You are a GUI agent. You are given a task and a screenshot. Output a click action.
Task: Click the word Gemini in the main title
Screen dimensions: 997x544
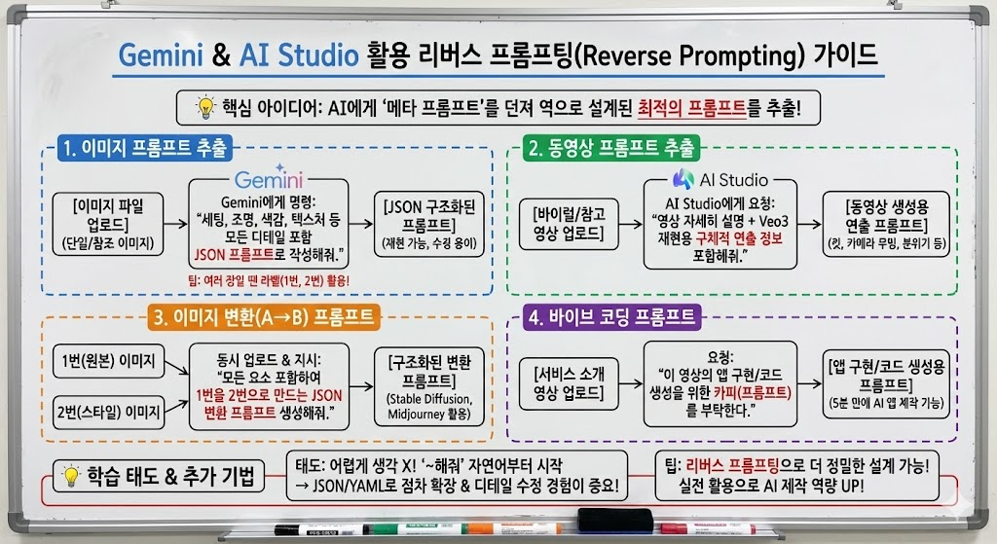[161, 55]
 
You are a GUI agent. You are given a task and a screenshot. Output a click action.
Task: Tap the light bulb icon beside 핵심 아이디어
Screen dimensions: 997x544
[204, 107]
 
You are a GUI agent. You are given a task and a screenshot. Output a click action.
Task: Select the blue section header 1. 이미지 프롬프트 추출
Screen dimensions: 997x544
[145, 148]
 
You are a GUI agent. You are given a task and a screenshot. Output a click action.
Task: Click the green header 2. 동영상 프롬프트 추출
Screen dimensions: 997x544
[611, 148]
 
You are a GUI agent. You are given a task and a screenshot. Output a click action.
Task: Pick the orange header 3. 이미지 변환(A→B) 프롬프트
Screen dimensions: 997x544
[264, 316]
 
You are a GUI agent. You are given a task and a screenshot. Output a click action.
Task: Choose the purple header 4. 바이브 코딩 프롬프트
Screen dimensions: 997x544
[612, 316]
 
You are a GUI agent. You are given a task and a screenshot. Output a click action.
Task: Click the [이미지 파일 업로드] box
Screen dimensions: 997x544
[108, 225]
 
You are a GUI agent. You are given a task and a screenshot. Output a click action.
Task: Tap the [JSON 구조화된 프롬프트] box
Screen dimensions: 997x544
[429, 225]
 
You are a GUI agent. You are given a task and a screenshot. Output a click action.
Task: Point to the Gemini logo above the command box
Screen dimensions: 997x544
[269, 178]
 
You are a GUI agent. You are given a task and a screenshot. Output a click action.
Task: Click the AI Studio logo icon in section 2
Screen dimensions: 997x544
[683, 179]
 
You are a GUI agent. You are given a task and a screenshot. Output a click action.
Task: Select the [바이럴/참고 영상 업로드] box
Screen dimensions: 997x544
[569, 225]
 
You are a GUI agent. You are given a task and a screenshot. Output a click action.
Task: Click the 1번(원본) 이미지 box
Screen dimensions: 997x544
[108, 361]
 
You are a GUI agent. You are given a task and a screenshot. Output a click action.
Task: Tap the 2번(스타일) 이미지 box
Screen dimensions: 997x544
[108, 413]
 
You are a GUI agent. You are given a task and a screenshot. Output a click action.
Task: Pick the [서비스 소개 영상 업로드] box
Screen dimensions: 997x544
[569, 383]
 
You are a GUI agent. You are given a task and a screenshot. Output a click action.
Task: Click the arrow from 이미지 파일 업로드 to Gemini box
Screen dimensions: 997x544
[175, 224]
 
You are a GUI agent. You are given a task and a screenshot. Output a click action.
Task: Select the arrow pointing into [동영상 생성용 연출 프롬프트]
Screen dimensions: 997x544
[809, 224]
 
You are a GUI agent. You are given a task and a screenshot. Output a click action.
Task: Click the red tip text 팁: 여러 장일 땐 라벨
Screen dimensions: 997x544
[269, 280]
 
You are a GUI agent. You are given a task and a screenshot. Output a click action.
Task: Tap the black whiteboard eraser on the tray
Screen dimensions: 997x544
[615, 520]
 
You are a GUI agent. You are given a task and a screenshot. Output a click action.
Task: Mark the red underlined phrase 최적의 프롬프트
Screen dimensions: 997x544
[692, 108]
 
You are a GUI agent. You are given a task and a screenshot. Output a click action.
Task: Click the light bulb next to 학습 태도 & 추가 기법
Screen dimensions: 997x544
[70, 475]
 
